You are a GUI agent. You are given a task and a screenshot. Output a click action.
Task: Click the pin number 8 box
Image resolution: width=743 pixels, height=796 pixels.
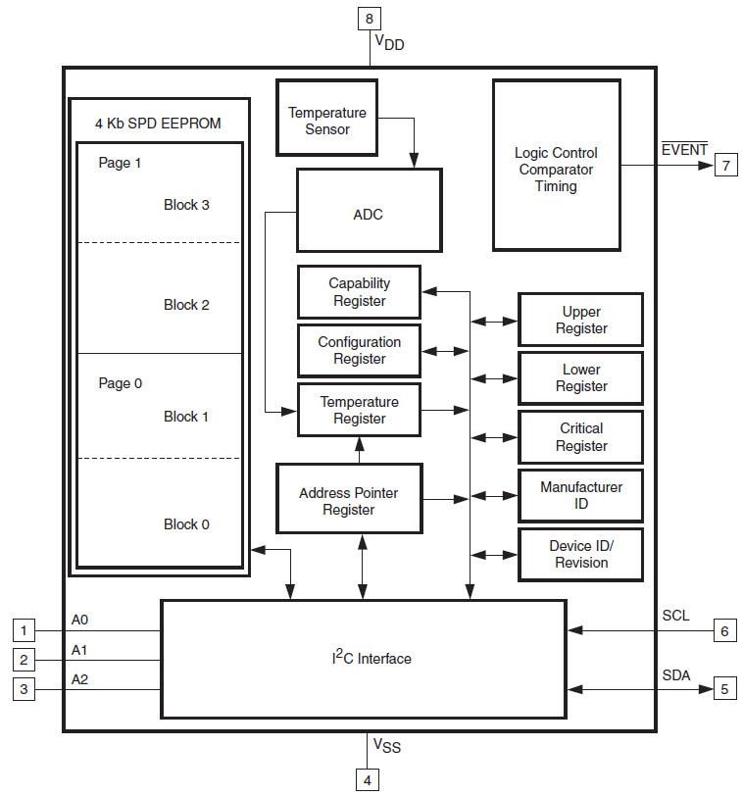[369, 18]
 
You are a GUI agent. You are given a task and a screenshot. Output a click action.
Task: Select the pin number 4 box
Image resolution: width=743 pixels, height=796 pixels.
[369, 780]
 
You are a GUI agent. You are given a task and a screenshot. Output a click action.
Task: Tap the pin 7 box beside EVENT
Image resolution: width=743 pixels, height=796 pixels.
[725, 165]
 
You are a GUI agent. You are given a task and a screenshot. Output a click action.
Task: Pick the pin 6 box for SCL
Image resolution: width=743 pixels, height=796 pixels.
[724, 630]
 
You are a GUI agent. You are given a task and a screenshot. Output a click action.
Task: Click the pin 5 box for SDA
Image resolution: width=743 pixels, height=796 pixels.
[724, 689]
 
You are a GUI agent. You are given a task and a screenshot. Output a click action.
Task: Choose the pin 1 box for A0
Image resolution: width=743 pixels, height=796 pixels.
[25, 630]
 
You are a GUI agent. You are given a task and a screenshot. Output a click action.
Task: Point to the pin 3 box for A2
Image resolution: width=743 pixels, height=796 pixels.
[25, 689]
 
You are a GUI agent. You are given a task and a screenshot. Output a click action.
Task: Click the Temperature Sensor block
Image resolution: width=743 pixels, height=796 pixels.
[326, 122]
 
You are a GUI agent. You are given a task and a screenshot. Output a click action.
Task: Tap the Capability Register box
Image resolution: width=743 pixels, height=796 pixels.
[359, 292]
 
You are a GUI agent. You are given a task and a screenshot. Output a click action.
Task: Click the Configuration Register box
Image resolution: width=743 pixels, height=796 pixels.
[359, 350]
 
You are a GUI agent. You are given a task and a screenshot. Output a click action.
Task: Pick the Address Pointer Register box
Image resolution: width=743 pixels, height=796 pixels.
[349, 501]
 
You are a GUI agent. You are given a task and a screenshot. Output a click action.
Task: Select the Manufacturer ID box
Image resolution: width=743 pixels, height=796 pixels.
[581, 495]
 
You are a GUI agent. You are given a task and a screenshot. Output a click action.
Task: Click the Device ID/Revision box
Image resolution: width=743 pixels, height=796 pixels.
[581, 554]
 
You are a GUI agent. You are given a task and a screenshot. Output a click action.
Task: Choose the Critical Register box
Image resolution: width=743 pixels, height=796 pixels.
[581, 437]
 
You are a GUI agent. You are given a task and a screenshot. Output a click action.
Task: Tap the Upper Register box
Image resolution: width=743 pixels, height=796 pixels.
[581, 320]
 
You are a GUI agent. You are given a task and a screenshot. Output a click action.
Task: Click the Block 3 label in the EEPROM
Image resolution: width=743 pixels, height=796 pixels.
[186, 205]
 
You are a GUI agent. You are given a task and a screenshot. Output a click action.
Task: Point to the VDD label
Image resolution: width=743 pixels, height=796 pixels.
[389, 43]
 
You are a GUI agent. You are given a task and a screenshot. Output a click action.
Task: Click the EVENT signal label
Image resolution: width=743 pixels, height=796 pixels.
[684, 149]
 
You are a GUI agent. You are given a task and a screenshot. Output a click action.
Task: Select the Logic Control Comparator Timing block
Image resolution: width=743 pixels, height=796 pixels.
[556, 169]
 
